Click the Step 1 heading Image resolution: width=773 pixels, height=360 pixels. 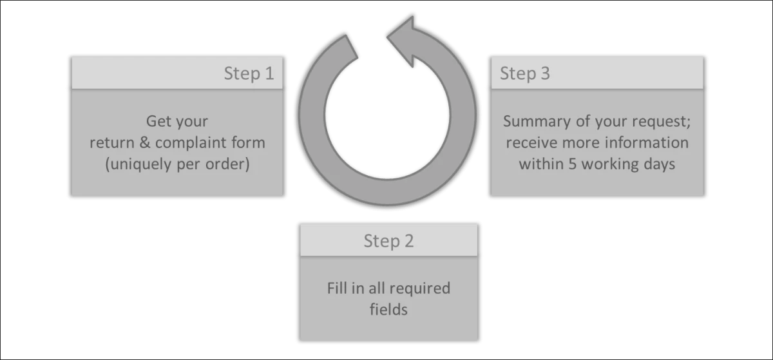pos(249,73)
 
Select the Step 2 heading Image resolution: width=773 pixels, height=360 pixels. pos(388,242)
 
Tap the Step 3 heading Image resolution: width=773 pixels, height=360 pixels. pos(525,73)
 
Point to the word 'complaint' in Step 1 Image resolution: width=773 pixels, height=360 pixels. pos(195,142)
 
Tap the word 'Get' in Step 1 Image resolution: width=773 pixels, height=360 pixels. pos(158,121)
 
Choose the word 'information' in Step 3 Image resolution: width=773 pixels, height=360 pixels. pos(647,142)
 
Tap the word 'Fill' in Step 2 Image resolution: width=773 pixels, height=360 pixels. pos(337,288)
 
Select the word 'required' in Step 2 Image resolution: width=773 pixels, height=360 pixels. pos(419,288)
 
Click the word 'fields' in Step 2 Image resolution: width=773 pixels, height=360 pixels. pos(388,309)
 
